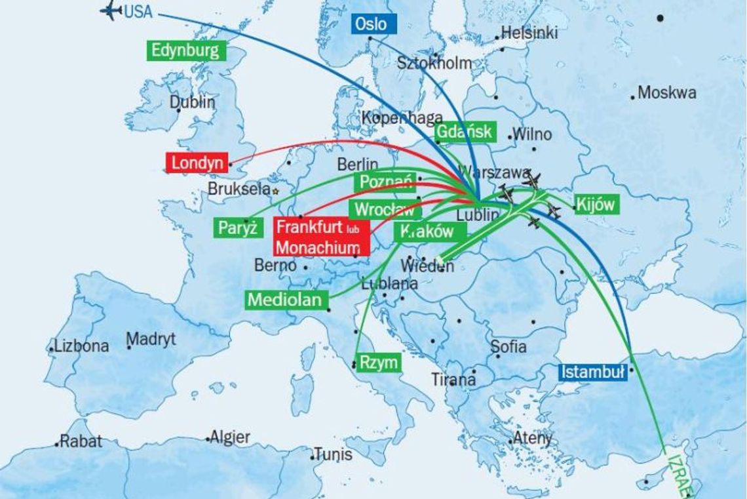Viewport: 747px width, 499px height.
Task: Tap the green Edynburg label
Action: (x=186, y=50)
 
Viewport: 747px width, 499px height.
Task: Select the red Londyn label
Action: (x=198, y=163)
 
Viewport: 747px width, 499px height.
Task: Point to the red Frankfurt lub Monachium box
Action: (x=321, y=237)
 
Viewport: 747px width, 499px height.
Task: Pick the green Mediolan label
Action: (x=286, y=300)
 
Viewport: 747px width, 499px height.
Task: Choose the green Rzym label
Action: (x=377, y=362)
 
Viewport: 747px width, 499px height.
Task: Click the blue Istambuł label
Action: (x=592, y=372)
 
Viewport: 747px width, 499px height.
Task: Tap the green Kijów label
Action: (x=596, y=205)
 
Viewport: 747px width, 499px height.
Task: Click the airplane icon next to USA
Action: (x=111, y=10)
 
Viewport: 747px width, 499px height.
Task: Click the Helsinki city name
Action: (x=529, y=33)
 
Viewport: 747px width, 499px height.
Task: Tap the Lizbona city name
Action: (x=82, y=346)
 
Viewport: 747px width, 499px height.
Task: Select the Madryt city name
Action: (x=151, y=339)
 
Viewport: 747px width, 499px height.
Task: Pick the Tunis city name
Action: (x=333, y=454)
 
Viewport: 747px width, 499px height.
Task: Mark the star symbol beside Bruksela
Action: (x=276, y=191)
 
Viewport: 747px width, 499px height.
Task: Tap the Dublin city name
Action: (x=192, y=102)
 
